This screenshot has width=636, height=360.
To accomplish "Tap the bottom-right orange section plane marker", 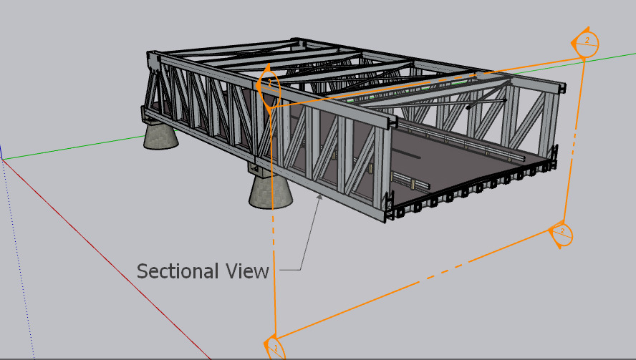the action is tap(561, 234).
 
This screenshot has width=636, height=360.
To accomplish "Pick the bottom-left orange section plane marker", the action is tap(274, 347).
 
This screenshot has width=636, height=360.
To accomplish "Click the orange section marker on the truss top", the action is tap(269, 87).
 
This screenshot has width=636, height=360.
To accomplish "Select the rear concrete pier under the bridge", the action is tap(160, 136).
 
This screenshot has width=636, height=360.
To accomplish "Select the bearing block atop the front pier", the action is tap(261, 170).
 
